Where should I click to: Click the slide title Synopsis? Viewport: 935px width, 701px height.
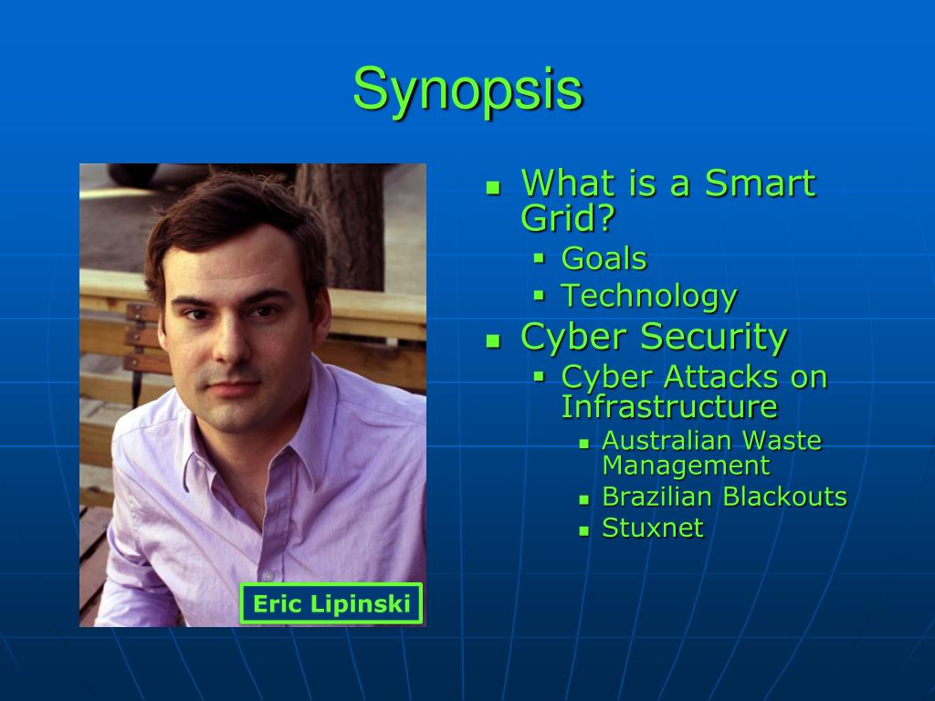(x=467, y=89)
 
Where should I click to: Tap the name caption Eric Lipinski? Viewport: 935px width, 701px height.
(x=331, y=603)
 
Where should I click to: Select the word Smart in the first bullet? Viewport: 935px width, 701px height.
(x=760, y=183)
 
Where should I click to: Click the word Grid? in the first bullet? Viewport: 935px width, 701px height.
(x=568, y=218)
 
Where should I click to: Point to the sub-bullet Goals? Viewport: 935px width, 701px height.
(x=604, y=259)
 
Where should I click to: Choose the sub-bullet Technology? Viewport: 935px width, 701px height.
(x=648, y=297)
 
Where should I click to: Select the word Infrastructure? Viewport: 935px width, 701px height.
(x=669, y=406)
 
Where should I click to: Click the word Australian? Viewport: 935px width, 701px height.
(x=667, y=441)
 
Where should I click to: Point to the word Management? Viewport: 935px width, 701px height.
(x=686, y=466)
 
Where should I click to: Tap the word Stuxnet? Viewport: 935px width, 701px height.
(x=653, y=528)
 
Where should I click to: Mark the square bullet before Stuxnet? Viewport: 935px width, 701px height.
(x=584, y=530)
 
